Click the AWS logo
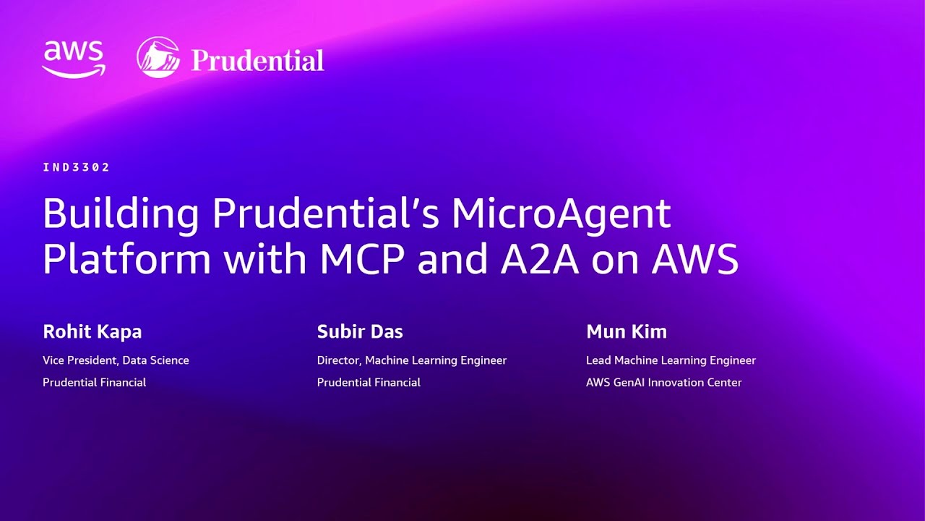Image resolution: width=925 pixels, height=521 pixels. coord(74,58)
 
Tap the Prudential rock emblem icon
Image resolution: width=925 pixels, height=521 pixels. coord(158,57)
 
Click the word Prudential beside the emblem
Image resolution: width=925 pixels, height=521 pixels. coord(257,60)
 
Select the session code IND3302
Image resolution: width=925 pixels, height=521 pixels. coord(76,167)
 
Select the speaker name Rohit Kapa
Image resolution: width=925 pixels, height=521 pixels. coord(92,332)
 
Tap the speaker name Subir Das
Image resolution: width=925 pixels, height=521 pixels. coord(360,332)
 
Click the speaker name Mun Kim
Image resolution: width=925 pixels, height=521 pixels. coord(627,332)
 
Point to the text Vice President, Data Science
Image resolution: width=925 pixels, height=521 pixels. coord(116,360)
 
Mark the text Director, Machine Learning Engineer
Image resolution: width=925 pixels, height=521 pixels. coord(412,360)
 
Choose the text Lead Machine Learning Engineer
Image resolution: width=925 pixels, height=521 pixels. coord(671,360)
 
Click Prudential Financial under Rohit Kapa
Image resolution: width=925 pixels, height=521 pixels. coord(94,382)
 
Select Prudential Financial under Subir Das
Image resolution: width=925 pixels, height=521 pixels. coord(369,382)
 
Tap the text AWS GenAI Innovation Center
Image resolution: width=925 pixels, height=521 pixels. coord(663,382)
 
